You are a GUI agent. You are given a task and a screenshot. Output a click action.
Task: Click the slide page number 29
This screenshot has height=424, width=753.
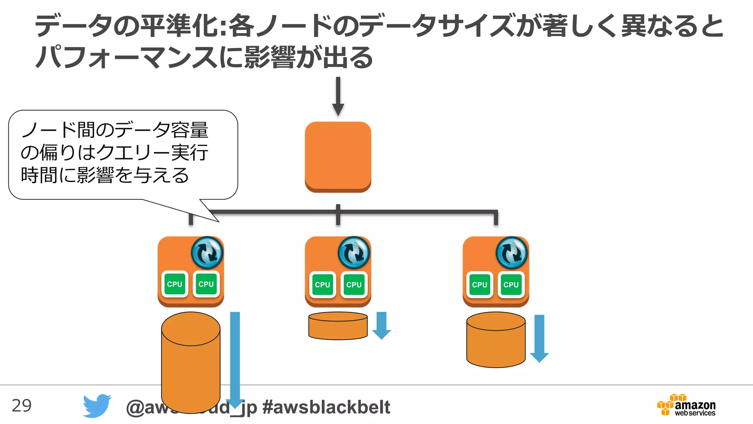pyautogui.click(x=22, y=406)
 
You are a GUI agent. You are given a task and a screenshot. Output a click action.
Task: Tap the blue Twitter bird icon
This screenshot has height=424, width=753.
pyautogui.click(x=97, y=406)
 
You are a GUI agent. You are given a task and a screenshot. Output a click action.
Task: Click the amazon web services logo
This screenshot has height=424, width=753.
pyautogui.click(x=687, y=405)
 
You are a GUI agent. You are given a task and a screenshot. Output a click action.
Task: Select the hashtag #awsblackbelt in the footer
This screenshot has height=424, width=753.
pyautogui.click(x=326, y=407)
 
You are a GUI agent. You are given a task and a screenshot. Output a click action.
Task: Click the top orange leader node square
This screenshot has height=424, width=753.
pyautogui.click(x=338, y=156)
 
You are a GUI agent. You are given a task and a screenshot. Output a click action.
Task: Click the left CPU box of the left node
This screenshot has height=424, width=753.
pyautogui.click(x=175, y=284)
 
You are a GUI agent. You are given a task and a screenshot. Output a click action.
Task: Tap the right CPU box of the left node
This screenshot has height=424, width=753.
pyautogui.click(x=206, y=284)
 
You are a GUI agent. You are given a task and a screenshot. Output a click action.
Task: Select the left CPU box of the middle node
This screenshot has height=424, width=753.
pyautogui.click(x=322, y=285)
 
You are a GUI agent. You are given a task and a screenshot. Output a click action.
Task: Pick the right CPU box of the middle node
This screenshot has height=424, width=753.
pyautogui.click(x=354, y=285)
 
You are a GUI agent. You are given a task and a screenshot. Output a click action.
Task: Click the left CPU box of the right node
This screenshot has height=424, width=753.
pyautogui.click(x=479, y=285)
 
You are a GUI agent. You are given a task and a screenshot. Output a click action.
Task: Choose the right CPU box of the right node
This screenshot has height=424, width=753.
pyautogui.click(x=511, y=285)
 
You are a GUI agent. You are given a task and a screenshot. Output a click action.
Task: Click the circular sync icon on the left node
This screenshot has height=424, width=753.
pyautogui.click(x=207, y=252)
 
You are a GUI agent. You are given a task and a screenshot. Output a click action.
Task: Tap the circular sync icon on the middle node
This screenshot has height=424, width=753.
pyautogui.click(x=354, y=252)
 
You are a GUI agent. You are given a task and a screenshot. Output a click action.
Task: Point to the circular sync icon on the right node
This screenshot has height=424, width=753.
pyautogui.click(x=511, y=252)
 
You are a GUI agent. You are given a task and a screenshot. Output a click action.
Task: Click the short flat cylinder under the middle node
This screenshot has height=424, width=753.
pyautogui.click(x=338, y=326)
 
